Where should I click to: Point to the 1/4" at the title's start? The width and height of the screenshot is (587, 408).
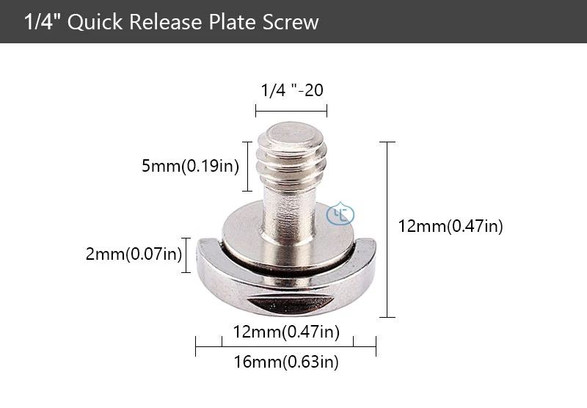pos(42,22)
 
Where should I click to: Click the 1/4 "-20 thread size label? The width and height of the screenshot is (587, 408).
pos(291,90)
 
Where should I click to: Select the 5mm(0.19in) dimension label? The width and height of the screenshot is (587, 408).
pos(190,166)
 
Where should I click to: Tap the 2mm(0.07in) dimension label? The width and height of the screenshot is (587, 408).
pos(133,255)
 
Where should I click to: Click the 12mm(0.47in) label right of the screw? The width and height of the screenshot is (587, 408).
pos(450,227)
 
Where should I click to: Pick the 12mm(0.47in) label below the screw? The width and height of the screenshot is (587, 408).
pos(286,332)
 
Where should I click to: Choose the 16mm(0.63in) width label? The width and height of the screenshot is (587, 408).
pos(286,361)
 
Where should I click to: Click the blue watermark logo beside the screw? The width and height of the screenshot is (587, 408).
pos(340,214)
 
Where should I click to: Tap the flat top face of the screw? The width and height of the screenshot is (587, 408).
pos(291,134)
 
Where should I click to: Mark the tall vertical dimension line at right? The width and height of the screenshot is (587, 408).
pos(387,229)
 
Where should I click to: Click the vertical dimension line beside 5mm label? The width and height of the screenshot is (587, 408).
pos(248,165)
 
